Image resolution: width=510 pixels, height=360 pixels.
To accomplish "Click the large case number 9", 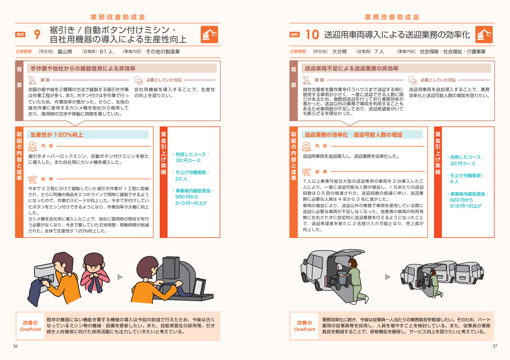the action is pos(37,34).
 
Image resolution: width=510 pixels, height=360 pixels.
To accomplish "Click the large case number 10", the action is pos(312,35).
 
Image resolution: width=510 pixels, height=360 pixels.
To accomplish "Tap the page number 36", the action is pos(15,346).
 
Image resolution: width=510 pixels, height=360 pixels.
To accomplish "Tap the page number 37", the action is pos(495,346).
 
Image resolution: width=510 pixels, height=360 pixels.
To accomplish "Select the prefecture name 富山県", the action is pos(65,52).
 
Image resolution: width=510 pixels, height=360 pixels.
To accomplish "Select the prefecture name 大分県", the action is pos(339,52).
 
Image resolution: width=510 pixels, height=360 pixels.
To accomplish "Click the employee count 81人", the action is pos(106,52).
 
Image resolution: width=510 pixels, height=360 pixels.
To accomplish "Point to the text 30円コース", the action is pos(188,160).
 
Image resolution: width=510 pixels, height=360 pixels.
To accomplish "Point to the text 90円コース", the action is pos(463,163).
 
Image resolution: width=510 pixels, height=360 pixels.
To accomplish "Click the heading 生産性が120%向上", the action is pos(57,134).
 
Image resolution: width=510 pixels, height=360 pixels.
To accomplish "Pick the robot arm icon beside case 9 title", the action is pos(209,35).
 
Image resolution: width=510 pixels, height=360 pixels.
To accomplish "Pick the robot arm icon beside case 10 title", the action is pos(484,35).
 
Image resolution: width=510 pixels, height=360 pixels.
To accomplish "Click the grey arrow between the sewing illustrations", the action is pos(120,277).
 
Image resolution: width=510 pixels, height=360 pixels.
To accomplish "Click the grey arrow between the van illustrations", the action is pos(388,277).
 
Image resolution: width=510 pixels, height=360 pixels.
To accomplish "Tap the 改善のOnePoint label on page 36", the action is pos(30,326).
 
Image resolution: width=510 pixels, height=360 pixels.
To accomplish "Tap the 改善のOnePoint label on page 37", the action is pos(304,326).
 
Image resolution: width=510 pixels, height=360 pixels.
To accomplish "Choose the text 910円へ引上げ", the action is pos(191,203).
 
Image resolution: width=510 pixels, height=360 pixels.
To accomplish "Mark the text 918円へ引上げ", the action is pos(465,206).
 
